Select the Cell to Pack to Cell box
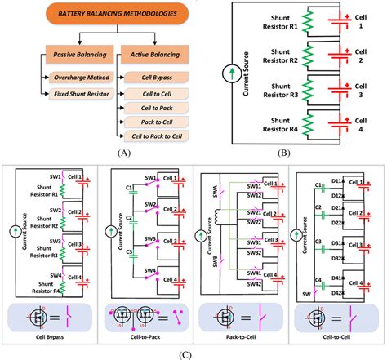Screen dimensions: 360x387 (155, 135)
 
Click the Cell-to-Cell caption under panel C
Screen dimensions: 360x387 (335, 335)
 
